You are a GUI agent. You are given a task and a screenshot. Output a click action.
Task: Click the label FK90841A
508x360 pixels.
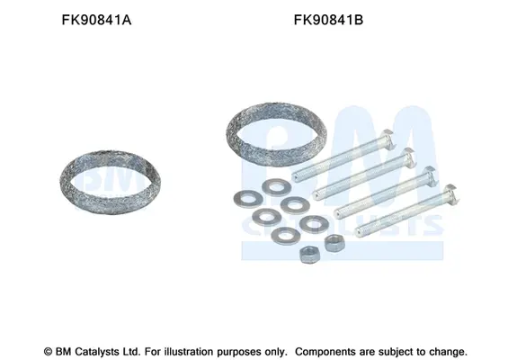[x=96, y=20]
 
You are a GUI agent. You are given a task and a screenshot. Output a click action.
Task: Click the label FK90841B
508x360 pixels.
[x=328, y=20]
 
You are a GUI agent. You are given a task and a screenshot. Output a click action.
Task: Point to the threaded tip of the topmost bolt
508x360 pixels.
[x=296, y=177]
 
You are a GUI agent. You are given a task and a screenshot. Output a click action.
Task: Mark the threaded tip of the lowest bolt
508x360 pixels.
[x=359, y=231]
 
